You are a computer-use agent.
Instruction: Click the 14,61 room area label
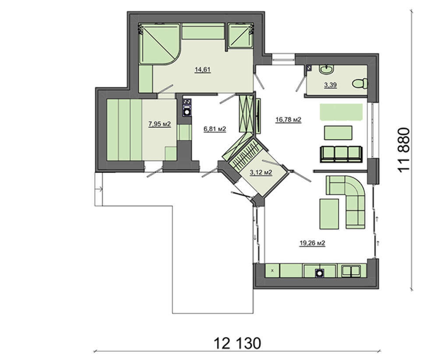(202, 70)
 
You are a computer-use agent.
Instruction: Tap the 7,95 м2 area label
(159, 124)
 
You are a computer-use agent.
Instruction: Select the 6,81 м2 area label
(215, 129)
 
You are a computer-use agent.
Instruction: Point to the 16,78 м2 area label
(288, 120)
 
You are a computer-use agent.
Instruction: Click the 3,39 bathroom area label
(330, 85)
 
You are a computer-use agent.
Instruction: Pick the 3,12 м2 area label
(261, 172)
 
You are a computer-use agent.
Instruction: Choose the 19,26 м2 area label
(312, 243)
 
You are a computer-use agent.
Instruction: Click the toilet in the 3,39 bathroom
(360, 84)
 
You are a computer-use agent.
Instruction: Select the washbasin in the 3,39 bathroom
(326, 69)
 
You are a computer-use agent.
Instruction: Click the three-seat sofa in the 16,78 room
(341, 154)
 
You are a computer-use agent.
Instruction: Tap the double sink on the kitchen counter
(350, 271)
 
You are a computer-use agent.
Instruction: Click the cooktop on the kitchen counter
(319, 272)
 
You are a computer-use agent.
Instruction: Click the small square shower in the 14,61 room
(240, 36)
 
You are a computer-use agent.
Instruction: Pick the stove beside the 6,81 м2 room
(187, 107)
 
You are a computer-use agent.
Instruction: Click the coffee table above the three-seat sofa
(338, 133)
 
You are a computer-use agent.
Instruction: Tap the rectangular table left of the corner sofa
(329, 213)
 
